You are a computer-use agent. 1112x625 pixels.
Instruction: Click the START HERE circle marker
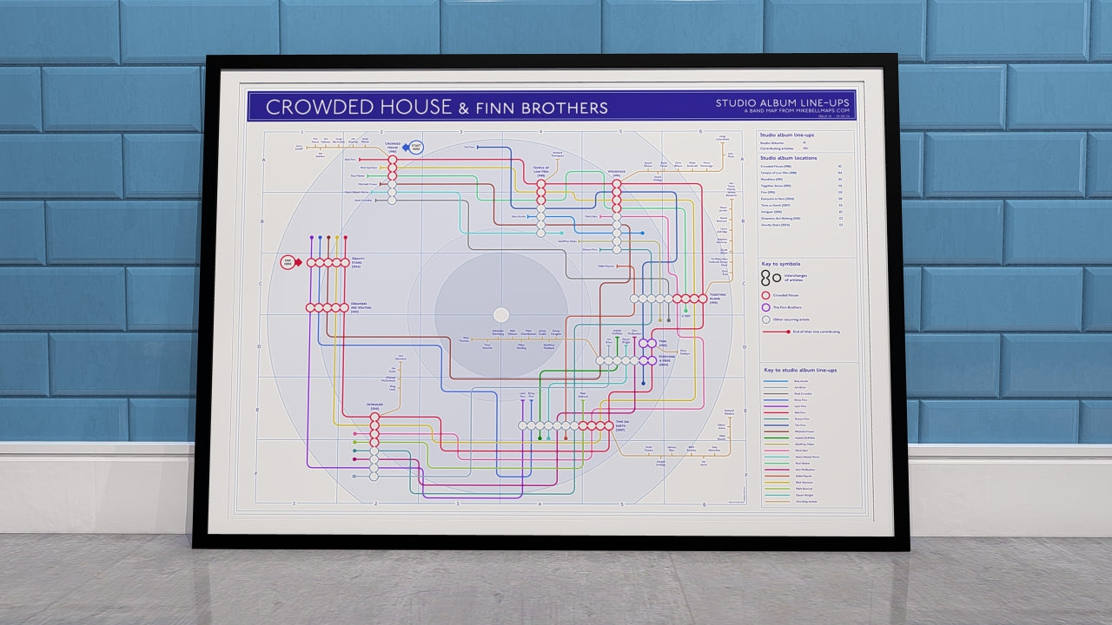pyautogui.click(x=415, y=148)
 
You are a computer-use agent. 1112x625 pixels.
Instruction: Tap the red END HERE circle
pyautogui.click(x=288, y=262)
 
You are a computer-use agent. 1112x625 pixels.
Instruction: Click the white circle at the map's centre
pyautogui.click(x=501, y=314)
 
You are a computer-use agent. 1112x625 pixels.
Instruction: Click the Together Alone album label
pyautogui.click(x=718, y=298)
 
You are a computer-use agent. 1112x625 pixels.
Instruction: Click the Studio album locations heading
pyautogui.click(x=787, y=158)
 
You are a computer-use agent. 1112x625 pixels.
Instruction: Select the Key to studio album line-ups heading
pyautogui.click(x=800, y=371)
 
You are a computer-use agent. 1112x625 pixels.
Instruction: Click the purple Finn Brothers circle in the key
pyautogui.click(x=765, y=307)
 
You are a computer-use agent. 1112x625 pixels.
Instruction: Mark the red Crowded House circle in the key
pyautogui.click(x=765, y=295)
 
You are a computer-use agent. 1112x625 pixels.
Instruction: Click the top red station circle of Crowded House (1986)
pyautogui.click(x=392, y=160)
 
